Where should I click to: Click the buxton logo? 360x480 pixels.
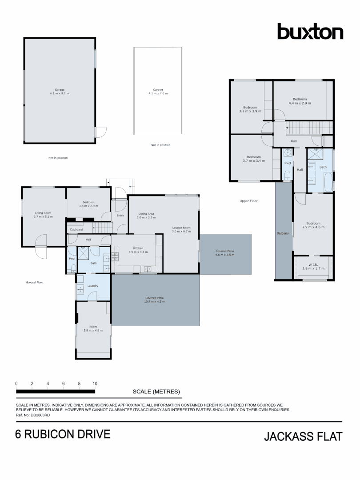click(310, 32)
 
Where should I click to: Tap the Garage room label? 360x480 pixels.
click(59, 90)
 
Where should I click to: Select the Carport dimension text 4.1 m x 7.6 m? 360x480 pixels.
click(158, 94)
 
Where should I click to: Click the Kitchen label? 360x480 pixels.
click(137, 248)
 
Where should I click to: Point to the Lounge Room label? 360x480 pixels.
click(181, 228)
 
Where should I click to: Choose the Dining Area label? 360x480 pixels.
click(146, 214)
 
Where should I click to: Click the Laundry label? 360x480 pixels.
click(93, 286)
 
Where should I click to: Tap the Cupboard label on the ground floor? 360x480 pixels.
click(76, 229)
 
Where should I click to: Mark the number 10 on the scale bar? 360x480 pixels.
click(95, 383)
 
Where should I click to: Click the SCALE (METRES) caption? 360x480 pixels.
click(156, 392)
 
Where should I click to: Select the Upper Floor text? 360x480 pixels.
click(248, 201)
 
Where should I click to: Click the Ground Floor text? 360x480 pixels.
click(34, 282)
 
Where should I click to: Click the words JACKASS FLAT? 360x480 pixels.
click(303, 436)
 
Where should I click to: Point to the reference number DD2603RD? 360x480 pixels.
click(40, 414)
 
